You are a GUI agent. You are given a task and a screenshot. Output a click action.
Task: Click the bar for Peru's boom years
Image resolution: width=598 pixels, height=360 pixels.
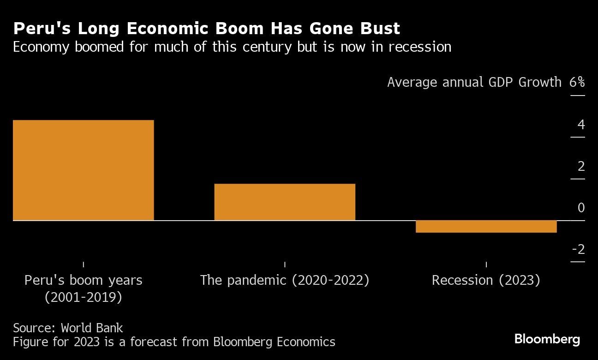(x=83, y=170)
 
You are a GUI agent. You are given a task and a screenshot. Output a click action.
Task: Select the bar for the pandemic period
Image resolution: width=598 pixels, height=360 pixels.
(x=285, y=202)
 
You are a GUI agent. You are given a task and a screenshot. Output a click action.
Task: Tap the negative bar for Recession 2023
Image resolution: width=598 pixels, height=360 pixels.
(x=486, y=226)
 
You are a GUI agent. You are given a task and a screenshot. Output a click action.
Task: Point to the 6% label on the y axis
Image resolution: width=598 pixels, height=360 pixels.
(x=577, y=82)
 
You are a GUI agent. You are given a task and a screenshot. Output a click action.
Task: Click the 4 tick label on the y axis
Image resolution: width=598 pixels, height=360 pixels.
(x=580, y=125)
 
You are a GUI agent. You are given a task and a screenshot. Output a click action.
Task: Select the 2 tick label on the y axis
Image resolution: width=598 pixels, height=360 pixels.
(x=580, y=166)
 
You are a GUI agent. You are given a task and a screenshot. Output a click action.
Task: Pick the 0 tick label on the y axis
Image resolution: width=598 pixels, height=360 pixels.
(x=580, y=208)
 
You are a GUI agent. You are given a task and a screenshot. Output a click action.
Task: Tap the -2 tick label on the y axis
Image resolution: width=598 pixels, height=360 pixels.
(x=578, y=250)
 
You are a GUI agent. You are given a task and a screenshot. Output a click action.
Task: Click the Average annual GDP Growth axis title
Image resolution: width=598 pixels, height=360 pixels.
(x=474, y=82)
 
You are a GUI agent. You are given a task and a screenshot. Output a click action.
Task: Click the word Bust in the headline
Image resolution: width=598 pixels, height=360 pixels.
(x=381, y=29)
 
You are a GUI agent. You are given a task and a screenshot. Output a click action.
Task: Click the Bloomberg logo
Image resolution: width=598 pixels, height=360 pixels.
(x=547, y=340)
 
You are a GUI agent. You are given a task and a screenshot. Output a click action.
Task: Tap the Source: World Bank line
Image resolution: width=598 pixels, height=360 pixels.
(x=68, y=328)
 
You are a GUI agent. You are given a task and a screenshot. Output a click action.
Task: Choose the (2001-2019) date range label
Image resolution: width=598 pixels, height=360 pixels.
(x=83, y=297)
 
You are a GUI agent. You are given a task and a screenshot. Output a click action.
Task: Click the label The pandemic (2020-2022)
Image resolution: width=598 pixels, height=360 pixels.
(x=284, y=280)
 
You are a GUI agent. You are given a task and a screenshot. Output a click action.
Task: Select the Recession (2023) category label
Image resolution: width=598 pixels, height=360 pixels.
(x=485, y=280)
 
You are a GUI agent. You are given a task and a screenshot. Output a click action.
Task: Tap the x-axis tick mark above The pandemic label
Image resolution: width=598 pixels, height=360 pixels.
(x=285, y=264)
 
